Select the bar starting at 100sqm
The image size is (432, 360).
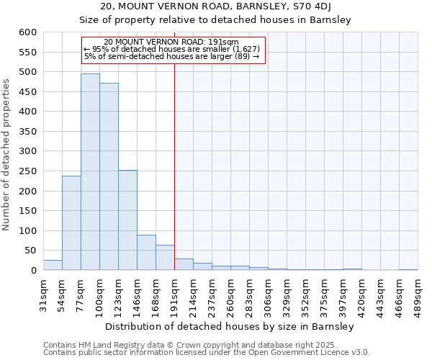pyautogui.click(x=109, y=176)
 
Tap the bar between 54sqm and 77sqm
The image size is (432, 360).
pyautogui.click(x=71, y=222)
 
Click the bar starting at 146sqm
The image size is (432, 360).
pyautogui.click(x=146, y=252)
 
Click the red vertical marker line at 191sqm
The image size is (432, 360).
pyautogui.click(x=174, y=166)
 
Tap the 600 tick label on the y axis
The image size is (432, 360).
pyautogui.click(x=27, y=32)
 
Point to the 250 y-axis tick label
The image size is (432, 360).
pyautogui.click(x=27, y=171)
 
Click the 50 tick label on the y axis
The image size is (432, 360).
pyautogui.click(x=30, y=251)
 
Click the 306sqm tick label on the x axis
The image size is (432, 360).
pyautogui.click(x=268, y=294)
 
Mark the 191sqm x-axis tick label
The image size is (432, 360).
pyautogui.click(x=174, y=294)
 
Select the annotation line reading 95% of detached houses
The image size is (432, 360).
pyautogui.click(x=172, y=48)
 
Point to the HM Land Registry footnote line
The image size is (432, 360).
pyautogui.click(x=205, y=345)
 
